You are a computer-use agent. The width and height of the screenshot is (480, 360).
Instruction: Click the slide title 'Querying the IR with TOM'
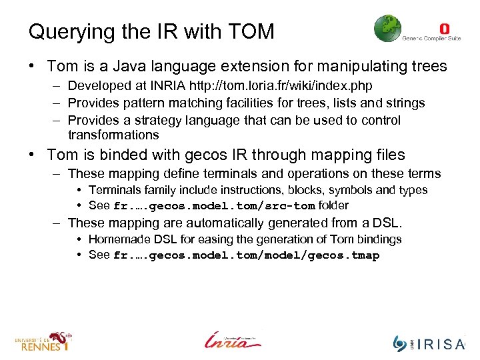[151, 31]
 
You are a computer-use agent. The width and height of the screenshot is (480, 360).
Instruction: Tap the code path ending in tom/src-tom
[214, 206]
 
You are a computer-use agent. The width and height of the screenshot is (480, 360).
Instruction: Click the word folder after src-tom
[333, 205]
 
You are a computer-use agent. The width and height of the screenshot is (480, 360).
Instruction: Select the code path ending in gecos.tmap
[246, 255]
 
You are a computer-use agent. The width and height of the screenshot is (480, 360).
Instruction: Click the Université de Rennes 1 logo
[43, 341]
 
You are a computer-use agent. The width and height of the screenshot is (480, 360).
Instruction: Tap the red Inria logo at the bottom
[233, 339]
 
